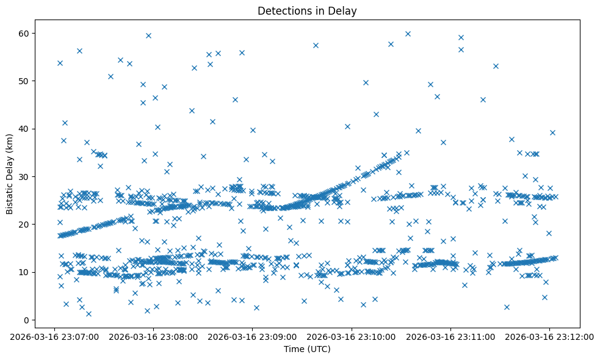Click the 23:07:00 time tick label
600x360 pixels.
pos(54,336)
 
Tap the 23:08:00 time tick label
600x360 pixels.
pos(153,336)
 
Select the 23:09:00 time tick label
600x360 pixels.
pos(252,336)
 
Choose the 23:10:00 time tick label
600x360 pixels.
pos(352,336)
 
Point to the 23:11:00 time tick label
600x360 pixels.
pos(450,336)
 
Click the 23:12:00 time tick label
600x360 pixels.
pos(549,336)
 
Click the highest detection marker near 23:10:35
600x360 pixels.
pos(408,34)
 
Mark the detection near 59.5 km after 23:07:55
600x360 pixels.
pos(148,35)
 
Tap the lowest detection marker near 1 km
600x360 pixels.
pos(89,314)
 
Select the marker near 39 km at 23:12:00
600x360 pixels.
pos(552,132)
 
